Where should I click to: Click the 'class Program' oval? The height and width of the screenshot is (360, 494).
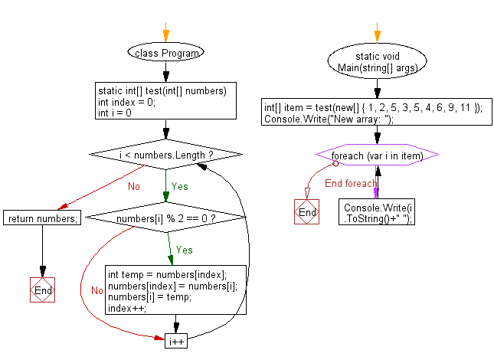(x=165, y=53)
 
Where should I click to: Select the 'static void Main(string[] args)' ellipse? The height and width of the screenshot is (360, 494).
(x=375, y=61)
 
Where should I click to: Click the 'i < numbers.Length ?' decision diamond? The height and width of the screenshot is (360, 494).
(x=165, y=155)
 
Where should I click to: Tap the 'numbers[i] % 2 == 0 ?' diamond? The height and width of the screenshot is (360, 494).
(x=165, y=219)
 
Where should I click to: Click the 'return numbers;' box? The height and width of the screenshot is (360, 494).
(x=42, y=219)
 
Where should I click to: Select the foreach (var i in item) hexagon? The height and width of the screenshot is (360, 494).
(x=377, y=155)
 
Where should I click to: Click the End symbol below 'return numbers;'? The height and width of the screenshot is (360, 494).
(x=42, y=290)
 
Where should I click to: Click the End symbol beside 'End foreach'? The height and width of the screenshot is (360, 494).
(x=306, y=212)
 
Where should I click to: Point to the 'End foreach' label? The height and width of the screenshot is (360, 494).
(x=350, y=184)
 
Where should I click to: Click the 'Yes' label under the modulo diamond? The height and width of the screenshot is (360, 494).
(x=185, y=250)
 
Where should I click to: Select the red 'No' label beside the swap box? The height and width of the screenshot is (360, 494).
(x=97, y=290)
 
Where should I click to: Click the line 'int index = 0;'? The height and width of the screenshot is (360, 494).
(x=126, y=103)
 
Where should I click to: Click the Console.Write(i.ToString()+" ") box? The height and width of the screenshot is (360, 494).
(x=377, y=211)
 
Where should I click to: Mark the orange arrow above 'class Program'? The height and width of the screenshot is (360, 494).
(x=165, y=32)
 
